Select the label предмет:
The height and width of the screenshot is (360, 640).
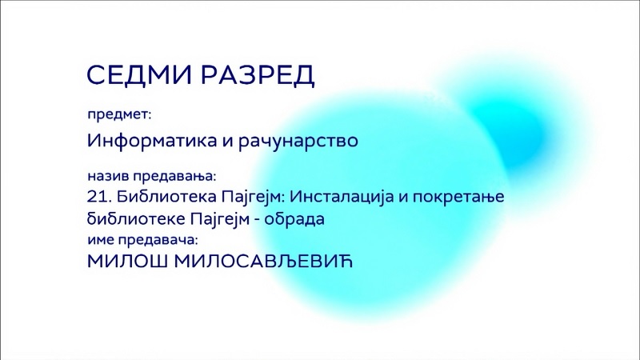coord(119,114)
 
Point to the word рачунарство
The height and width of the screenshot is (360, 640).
coord(298,142)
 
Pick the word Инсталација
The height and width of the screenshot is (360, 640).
coord(342,197)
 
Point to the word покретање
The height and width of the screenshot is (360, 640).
coord(458,197)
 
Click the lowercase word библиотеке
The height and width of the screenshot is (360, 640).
coord(136,219)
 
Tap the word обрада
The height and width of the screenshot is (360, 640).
coord(294,219)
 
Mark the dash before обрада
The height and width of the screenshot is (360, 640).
coord(256,220)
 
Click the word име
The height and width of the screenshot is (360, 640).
coord(101,240)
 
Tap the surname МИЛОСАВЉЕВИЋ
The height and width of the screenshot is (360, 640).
coord(263,262)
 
